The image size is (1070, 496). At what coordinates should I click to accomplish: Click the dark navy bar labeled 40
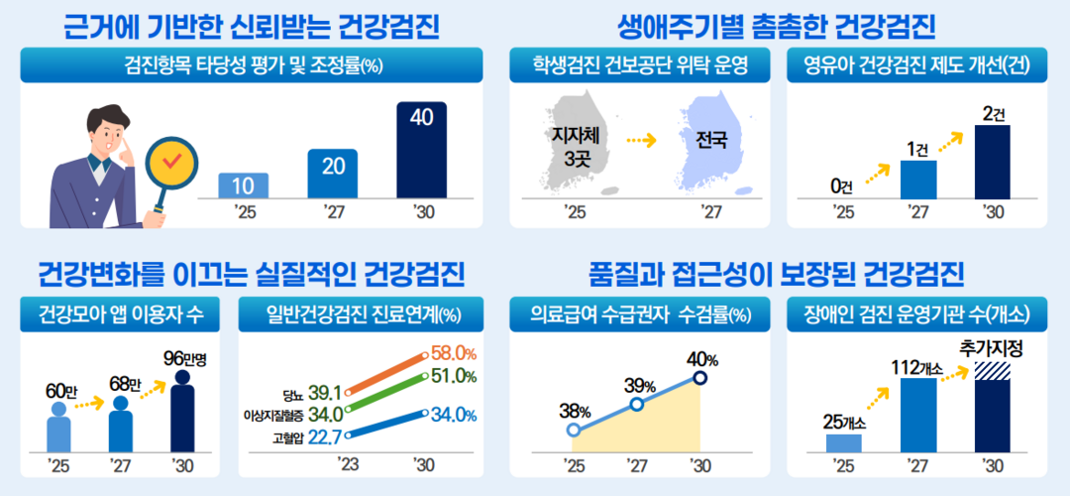(x=422, y=150)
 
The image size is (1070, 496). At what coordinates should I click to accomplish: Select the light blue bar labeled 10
(x=243, y=186)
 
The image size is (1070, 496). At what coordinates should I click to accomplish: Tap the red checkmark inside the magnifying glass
(x=171, y=161)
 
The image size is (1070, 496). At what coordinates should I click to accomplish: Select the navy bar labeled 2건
(x=992, y=162)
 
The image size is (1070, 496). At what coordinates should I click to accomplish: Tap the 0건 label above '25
(x=841, y=185)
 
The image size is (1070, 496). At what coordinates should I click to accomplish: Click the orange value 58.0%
(x=453, y=354)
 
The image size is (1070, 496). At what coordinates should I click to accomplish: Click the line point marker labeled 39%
(x=637, y=404)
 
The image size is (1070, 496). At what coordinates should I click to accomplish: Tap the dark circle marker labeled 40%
(x=699, y=378)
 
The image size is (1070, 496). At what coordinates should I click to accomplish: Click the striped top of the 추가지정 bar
(x=992, y=370)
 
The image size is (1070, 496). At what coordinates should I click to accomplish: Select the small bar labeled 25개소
(x=843, y=442)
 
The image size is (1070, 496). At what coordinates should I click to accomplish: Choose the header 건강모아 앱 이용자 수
(x=120, y=314)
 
